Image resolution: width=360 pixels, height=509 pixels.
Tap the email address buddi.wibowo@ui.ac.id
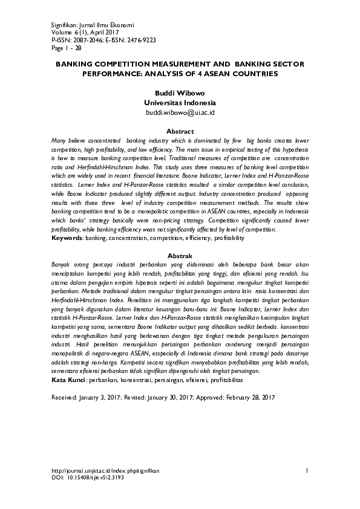[180, 112]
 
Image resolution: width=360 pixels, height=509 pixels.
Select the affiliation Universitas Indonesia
[180, 103]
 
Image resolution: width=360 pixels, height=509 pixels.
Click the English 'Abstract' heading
[180, 131]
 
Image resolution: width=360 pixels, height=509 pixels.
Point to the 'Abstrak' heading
[180, 256]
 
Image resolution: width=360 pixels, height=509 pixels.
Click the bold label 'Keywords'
[67, 239]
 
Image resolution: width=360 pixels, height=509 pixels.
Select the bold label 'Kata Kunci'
[69, 382]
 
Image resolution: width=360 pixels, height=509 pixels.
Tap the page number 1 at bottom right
[307, 470]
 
